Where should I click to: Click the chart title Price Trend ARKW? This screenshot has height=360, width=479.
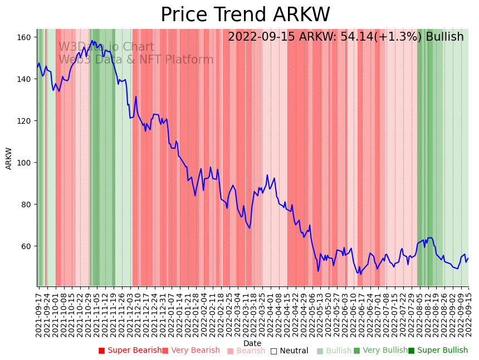[x=245, y=15]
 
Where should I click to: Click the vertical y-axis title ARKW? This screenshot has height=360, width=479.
[x=9, y=158]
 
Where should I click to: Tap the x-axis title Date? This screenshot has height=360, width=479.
[x=252, y=343]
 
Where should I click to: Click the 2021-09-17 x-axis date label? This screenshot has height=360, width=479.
[x=38, y=313]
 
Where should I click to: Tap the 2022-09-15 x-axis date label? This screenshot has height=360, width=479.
[x=468, y=313]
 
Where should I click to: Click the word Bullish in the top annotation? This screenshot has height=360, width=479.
[x=444, y=37]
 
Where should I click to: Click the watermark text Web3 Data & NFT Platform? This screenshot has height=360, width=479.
[x=136, y=60]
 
